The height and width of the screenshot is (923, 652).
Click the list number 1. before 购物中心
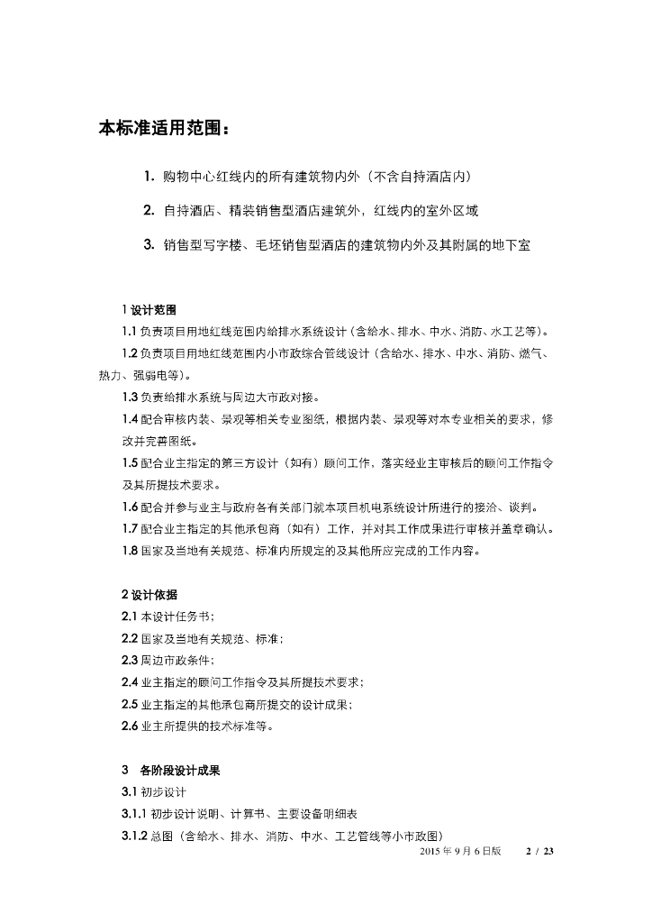click(149, 176)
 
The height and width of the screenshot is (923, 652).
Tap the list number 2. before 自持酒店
click(149, 210)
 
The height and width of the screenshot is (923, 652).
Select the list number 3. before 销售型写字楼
click(149, 244)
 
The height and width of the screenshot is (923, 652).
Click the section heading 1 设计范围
click(149, 310)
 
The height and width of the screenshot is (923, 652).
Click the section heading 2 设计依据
click(149, 595)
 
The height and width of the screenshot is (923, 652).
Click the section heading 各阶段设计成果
click(180, 771)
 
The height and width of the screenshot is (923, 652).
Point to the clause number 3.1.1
click(134, 814)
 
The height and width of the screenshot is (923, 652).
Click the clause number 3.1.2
click(134, 836)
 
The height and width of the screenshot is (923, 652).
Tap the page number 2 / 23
click(538, 851)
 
